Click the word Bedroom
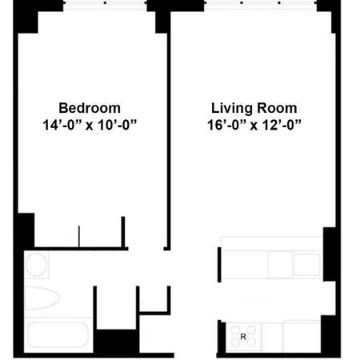point(90,108)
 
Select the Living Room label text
point(254,108)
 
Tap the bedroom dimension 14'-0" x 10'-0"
point(90,125)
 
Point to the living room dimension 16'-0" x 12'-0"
point(254,125)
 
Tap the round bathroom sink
point(37,265)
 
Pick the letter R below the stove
point(242,337)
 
